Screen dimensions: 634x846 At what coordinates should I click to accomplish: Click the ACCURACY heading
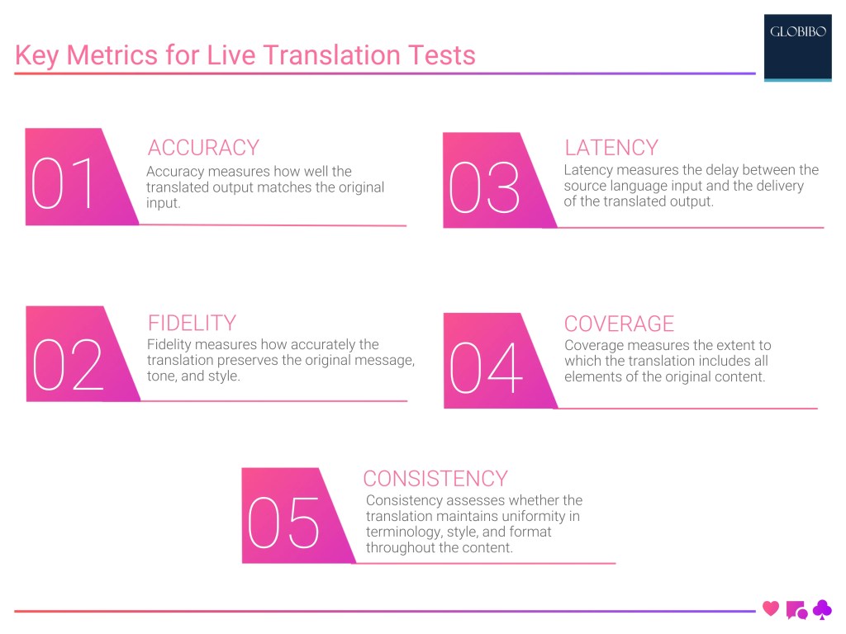click(203, 147)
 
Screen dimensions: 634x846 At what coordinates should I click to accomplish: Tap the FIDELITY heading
click(192, 323)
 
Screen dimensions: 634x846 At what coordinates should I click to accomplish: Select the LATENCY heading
click(611, 148)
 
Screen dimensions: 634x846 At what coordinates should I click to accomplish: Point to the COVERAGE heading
click(619, 324)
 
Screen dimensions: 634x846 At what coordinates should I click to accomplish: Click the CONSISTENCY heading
click(435, 479)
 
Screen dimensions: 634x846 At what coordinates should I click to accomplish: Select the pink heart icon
click(771, 608)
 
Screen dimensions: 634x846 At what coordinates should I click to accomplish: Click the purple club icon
click(822, 609)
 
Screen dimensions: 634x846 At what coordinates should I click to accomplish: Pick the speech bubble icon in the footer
click(796, 610)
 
